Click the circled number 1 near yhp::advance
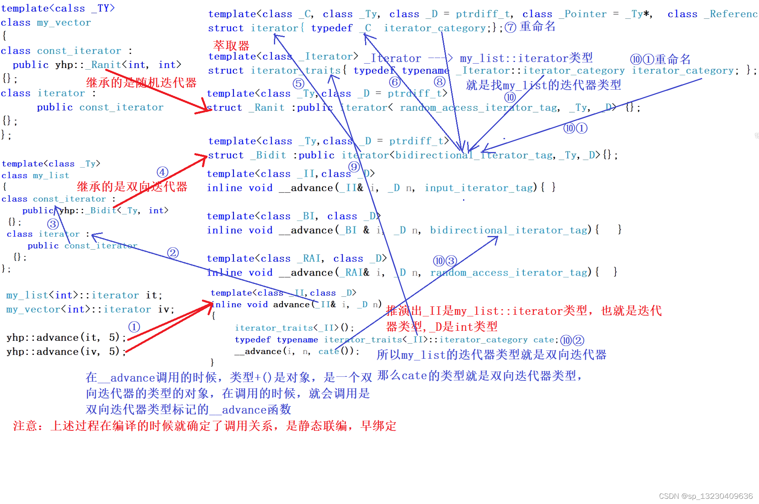click(134, 327)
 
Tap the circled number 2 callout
click(173, 253)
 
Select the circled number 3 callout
click(53, 224)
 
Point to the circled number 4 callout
click(162, 172)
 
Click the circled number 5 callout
click(298, 84)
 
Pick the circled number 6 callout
click(395, 82)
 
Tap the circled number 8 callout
click(439, 82)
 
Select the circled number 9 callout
click(354, 167)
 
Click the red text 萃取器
click(231, 46)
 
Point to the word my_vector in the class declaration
click(64, 23)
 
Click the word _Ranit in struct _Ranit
click(266, 108)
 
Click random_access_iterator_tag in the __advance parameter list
click(509, 273)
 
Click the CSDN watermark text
click(705, 496)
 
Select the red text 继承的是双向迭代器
click(132, 186)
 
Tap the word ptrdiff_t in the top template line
click(483, 14)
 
